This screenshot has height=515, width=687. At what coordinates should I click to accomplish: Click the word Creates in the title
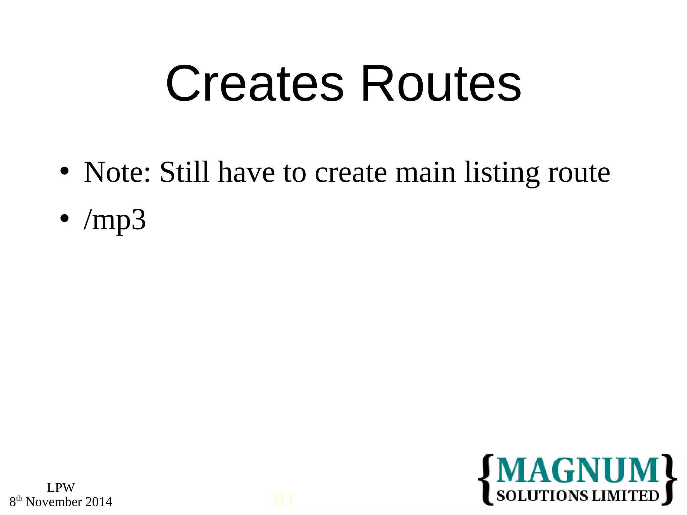point(255,84)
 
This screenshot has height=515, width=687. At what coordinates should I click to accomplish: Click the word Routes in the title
point(441,84)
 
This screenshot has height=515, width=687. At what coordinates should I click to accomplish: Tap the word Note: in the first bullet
point(117,172)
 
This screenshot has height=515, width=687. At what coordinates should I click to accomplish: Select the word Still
point(184,172)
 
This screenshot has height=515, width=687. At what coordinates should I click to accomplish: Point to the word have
point(246,172)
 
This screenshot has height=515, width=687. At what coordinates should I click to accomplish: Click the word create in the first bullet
point(351,172)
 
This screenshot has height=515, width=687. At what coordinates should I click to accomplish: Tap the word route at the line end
point(579,173)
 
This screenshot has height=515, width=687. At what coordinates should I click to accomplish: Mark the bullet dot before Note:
point(64,172)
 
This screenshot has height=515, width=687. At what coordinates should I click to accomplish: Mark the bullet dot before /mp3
point(64,219)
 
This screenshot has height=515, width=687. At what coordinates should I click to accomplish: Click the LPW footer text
point(61,488)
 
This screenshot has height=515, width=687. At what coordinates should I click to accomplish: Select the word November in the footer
point(54,502)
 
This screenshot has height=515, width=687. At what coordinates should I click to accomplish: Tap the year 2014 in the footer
point(99,502)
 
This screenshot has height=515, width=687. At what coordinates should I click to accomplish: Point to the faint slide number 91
point(284,500)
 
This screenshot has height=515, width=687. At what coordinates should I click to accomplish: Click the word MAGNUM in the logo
point(578,470)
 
